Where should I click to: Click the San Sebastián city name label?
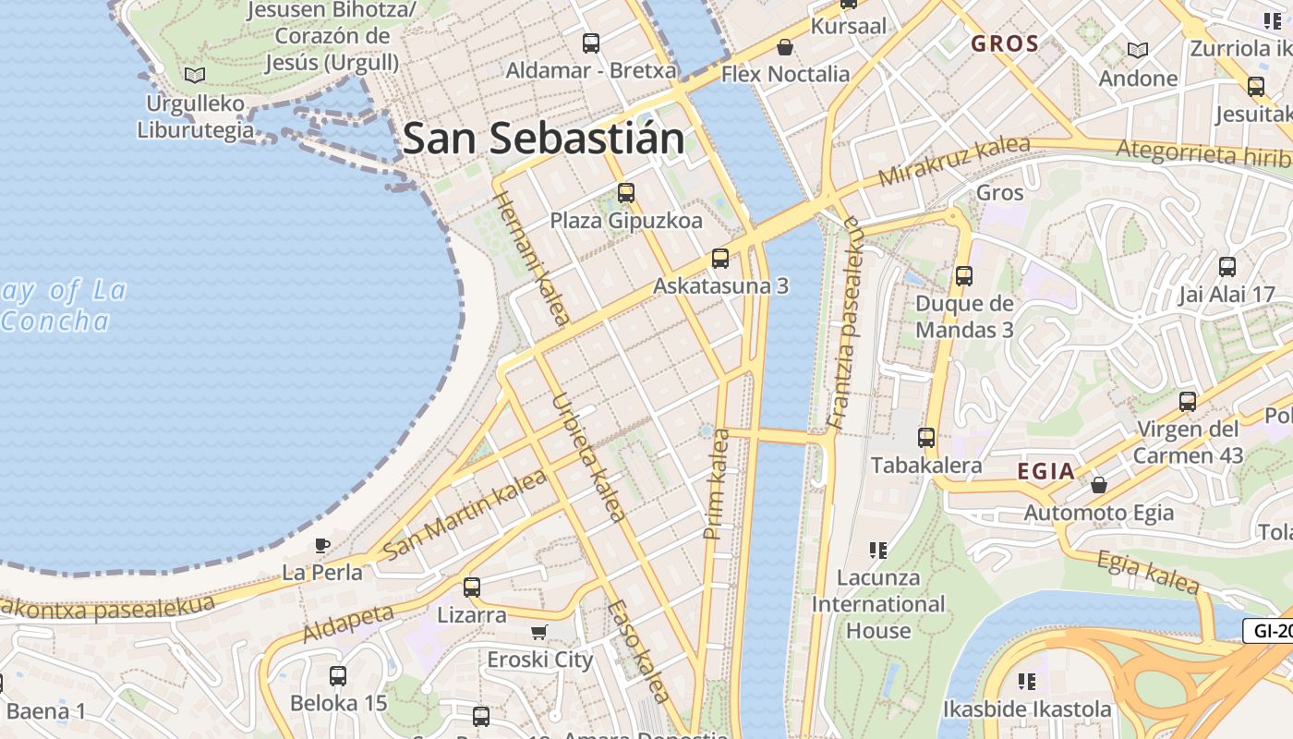pos(543,139)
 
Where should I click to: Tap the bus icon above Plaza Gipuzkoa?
pos(626,193)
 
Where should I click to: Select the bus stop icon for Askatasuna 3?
pos(720,259)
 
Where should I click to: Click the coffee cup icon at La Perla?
pos(322,545)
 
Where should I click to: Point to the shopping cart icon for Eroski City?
pos(539,633)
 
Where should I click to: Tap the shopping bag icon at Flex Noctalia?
pos(785,47)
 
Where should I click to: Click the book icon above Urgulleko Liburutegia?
pos(194,75)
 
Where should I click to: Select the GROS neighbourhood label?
pos(1005,43)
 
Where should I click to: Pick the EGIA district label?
pos(1045,472)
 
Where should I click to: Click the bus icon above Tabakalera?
pos(926,438)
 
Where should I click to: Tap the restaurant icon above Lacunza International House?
pos(878,551)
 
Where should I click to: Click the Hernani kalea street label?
pos(531,258)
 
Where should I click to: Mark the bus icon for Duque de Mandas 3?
pos(964,275)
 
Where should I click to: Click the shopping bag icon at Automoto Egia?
pos(1099,485)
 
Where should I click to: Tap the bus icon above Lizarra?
pos(472,587)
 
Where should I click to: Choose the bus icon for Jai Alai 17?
pos(1227,267)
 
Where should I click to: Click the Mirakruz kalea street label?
pos(953,161)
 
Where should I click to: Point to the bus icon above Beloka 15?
pos(338,675)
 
